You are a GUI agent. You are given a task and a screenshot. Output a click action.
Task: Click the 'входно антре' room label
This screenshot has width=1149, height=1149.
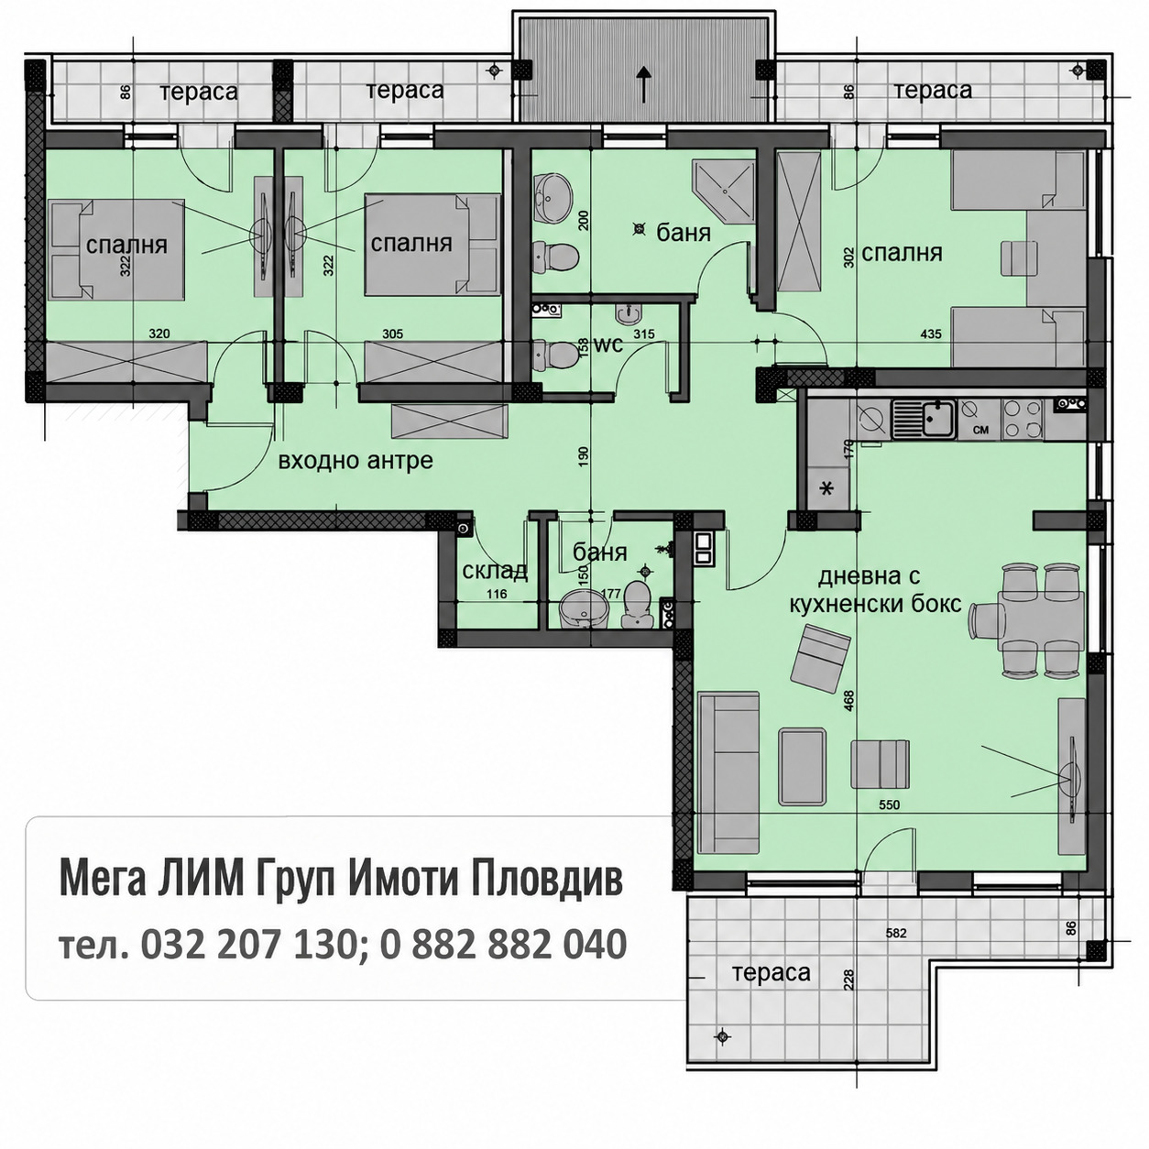point(356,461)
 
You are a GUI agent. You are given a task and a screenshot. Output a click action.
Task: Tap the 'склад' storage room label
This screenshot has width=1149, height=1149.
point(495,571)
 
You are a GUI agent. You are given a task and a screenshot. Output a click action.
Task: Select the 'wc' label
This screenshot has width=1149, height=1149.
point(608,344)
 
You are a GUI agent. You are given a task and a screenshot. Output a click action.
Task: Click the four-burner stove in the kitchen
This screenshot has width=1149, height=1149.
point(1023,419)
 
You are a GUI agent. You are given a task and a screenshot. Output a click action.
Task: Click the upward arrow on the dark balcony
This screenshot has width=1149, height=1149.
point(642,82)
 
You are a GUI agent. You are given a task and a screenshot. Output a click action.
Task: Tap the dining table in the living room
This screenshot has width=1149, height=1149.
point(1041,620)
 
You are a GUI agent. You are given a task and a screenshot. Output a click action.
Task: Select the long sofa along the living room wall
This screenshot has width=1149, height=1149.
point(728,774)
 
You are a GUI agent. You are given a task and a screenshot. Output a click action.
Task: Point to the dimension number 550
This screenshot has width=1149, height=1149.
point(889,805)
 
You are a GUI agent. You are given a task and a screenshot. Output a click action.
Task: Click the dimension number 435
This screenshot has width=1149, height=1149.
point(931,334)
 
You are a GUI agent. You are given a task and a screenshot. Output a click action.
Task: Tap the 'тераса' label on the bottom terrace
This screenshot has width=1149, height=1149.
point(771,973)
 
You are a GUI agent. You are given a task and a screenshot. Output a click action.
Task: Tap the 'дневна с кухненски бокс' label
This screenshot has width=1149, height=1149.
point(875,590)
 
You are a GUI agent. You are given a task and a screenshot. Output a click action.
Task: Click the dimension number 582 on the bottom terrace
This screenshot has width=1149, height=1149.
point(896,933)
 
